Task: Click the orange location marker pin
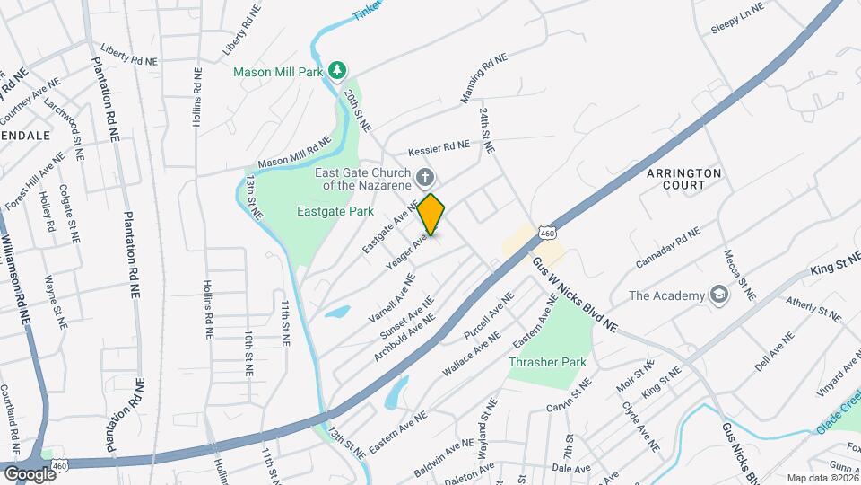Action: tap(431, 215)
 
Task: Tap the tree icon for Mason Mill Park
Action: tap(337, 70)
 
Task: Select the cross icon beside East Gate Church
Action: tap(425, 176)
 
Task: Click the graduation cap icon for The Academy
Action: tap(718, 295)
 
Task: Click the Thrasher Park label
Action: tap(547, 362)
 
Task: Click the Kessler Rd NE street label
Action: tap(439, 145)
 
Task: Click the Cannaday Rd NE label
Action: tap(666, 250)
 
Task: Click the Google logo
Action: tap(29, 473)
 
